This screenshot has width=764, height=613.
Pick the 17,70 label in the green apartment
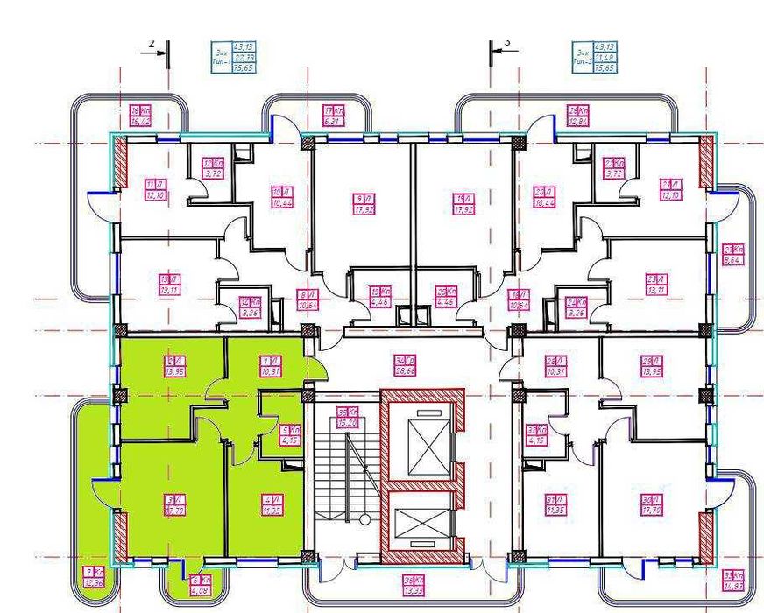[171, 505]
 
